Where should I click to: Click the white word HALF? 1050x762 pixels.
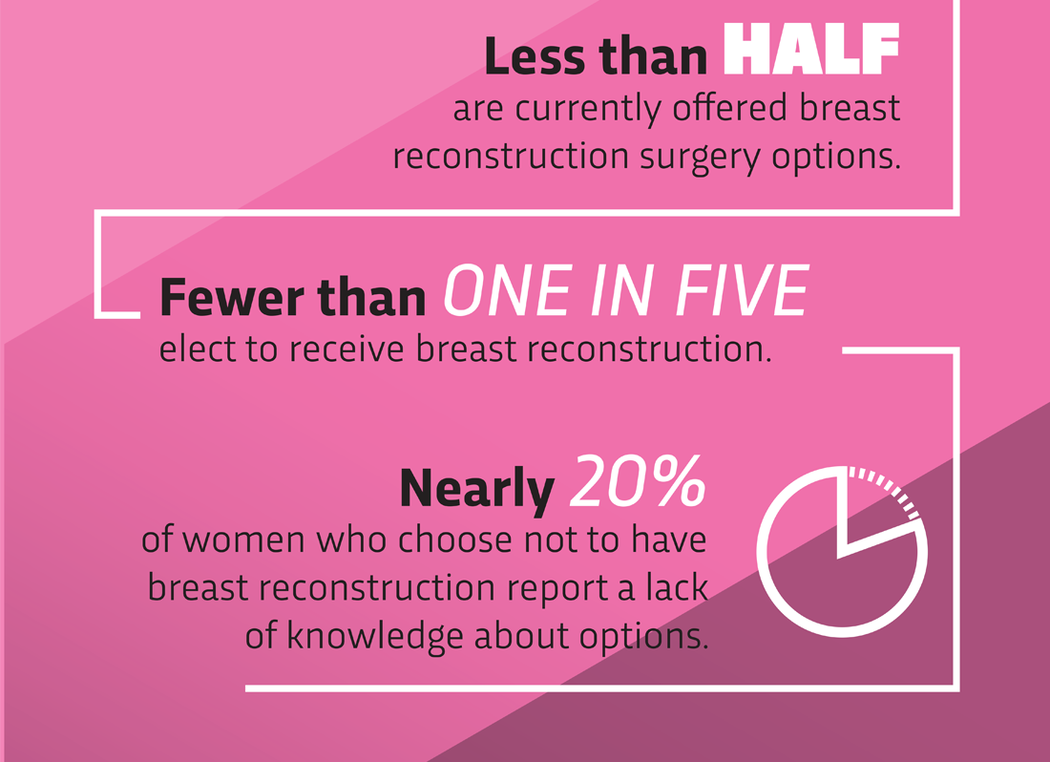[811, 49]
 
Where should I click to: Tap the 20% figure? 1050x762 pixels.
[638, 480]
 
